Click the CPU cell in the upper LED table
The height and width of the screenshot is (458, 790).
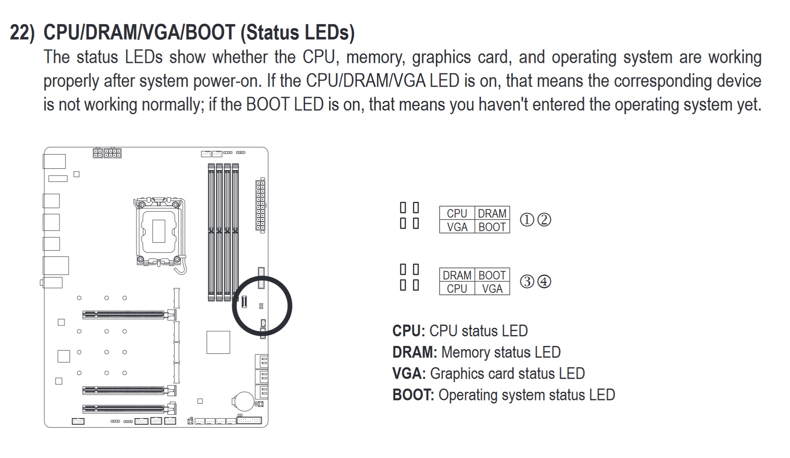click(456, 213)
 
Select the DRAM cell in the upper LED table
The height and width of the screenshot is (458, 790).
click(492, 213)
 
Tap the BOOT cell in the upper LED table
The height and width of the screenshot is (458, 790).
click(492, 227)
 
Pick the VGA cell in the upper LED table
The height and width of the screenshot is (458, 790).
click(457, 227)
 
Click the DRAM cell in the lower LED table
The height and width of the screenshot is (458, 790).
click(457, 275)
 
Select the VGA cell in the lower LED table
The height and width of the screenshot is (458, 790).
click(492, 289)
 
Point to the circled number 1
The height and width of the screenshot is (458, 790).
click(527, 220)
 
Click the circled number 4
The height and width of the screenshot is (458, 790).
click(544, 282)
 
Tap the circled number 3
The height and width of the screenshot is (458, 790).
click(527, 282)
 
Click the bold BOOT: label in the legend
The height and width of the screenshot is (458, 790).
click(413, 395)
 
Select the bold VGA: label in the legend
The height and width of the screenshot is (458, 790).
click(408, 373)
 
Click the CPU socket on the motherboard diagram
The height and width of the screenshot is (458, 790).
click(159, 231)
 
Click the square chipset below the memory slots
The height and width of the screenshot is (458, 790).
click(218, 342)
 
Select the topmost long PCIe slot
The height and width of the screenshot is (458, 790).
click(125, 315)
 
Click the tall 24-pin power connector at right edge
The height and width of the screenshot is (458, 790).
click(260, 205)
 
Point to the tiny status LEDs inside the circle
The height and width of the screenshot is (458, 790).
click(261, 306)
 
